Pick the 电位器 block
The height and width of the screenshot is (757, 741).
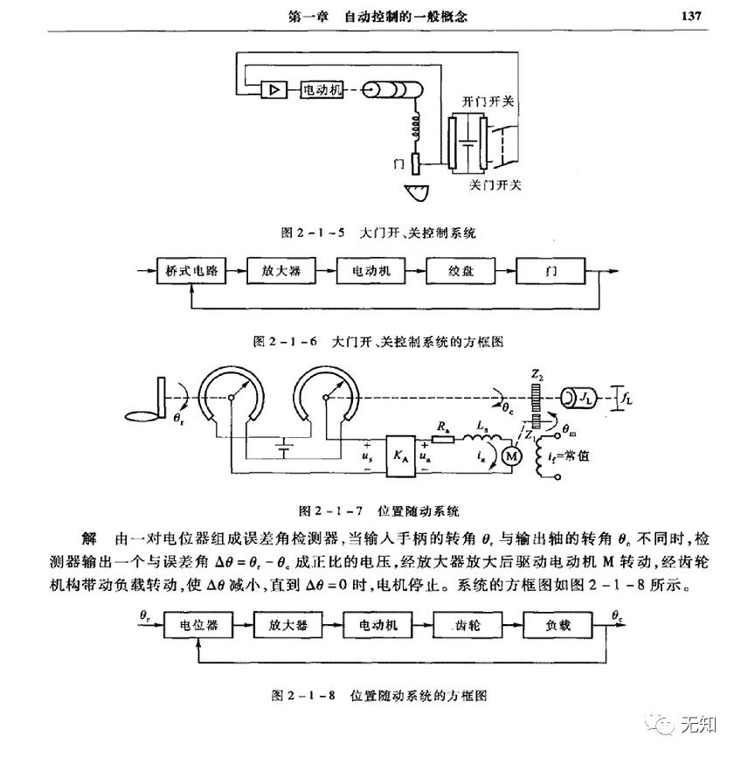coord(199,626)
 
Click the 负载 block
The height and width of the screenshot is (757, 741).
coord(558,626)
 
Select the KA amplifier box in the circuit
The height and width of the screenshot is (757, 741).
coord(399,455)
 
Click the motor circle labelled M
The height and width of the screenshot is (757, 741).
coord(511,455)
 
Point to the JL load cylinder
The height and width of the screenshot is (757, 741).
coord(583,399)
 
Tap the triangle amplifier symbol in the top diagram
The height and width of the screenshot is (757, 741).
coord(273,89)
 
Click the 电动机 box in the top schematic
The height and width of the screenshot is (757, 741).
coord(321,89)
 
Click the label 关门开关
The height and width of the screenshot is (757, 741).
coord(495,184)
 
